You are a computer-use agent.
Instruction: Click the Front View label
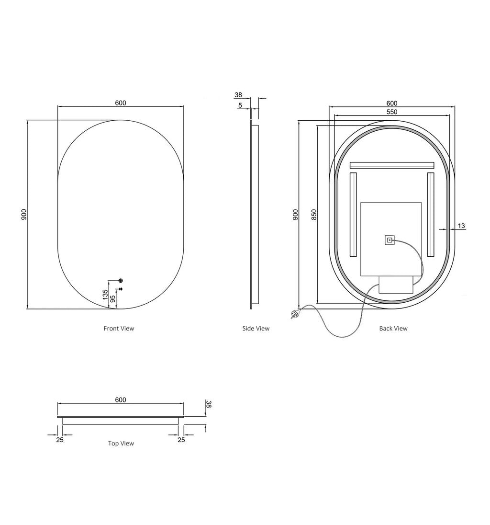tap(119, 329)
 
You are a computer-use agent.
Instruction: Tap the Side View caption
tap(256, 329)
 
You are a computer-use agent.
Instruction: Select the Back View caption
tap(393, 329)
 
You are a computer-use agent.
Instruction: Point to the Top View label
tap(121, 443)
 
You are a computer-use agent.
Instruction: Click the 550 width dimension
tap(392, 112)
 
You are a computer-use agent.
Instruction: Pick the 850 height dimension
tap(314, 215)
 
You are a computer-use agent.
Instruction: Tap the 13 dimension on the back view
tap(461, 226)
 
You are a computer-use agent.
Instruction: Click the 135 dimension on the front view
tap(105, 295)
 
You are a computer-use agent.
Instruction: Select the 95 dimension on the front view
tap(113, 299)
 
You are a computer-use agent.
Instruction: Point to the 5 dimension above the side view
tap(240, 105)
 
